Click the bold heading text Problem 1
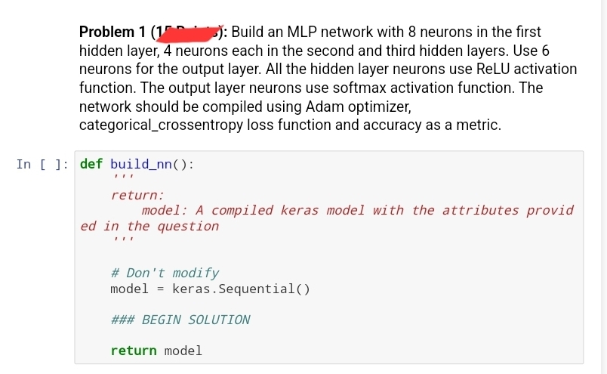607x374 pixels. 113,32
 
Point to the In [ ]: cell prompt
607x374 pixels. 42,164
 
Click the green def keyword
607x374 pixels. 91,164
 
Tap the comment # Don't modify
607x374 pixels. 165,273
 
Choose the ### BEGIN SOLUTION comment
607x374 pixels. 180,320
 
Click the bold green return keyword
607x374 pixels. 133,351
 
